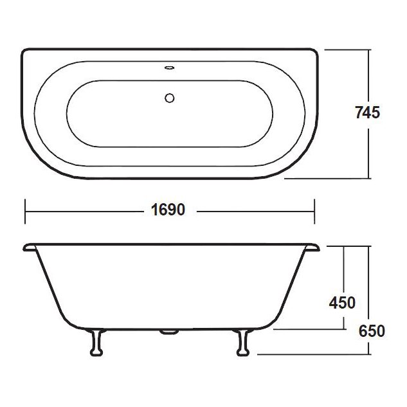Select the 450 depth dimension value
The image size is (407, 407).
pos(342,302)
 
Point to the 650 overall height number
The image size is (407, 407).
pos(372,331)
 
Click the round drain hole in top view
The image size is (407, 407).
pos(170,98)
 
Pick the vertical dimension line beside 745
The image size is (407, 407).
pos(369,77)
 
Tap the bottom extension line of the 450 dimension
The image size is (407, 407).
pos(309,328)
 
